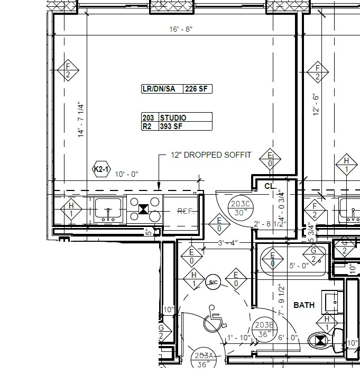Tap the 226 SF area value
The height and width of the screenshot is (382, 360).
[197, 89]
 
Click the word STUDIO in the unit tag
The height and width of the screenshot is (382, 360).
[173, 118]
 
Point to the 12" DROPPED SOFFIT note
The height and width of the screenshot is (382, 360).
[210, 155]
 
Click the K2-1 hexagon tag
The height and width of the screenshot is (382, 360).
[101, 170]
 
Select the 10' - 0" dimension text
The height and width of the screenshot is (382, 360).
[126, 174]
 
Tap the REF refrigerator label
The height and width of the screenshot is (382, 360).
[184, 211]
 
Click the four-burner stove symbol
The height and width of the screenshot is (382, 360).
[144, 209]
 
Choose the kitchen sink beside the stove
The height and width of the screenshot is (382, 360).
[108, 209]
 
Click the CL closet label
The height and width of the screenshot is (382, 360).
[270, 186]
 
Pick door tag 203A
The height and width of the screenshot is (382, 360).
[203, 360]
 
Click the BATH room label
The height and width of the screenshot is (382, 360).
[304, 305]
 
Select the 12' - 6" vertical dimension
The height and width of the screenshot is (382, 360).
[317, 105]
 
